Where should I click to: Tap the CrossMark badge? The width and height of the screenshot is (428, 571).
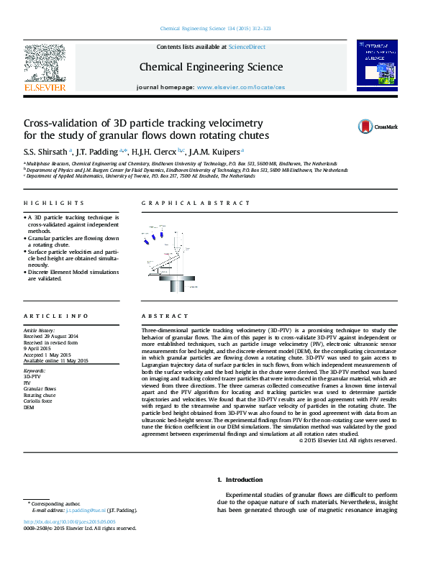(378, 127)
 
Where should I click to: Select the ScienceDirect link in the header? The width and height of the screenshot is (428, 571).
(247, 47)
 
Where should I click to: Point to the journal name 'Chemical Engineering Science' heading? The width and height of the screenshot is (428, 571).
(211, 67)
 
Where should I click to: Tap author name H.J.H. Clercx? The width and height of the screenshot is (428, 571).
(155, 151)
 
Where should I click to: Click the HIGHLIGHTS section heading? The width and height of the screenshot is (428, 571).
(54, 204)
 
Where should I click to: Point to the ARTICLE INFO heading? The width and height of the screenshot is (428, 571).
(56, 316)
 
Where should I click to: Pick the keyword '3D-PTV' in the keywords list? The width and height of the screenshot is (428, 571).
(32, 376)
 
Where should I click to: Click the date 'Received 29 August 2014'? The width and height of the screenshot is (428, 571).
(51, 337)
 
